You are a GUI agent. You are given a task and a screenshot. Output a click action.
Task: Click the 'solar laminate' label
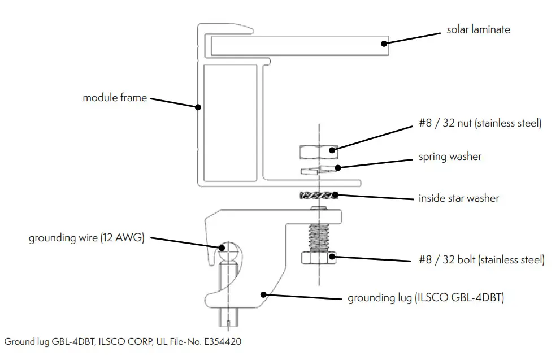[478, 29]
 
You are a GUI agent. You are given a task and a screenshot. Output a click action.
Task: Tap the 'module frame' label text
[115, 98]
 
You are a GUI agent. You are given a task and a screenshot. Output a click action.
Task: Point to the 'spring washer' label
[450, 157]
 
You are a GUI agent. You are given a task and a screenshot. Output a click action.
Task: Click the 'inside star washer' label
[458, 198]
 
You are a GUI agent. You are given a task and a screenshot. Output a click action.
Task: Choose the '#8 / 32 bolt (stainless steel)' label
[481, 260]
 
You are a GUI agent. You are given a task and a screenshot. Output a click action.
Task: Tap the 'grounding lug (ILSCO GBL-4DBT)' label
[426, 297]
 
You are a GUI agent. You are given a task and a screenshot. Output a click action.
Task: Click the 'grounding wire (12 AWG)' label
[87, 238]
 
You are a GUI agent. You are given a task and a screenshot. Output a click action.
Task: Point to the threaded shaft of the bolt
[319, 238]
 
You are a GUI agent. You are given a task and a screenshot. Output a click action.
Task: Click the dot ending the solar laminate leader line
[384, 43]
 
